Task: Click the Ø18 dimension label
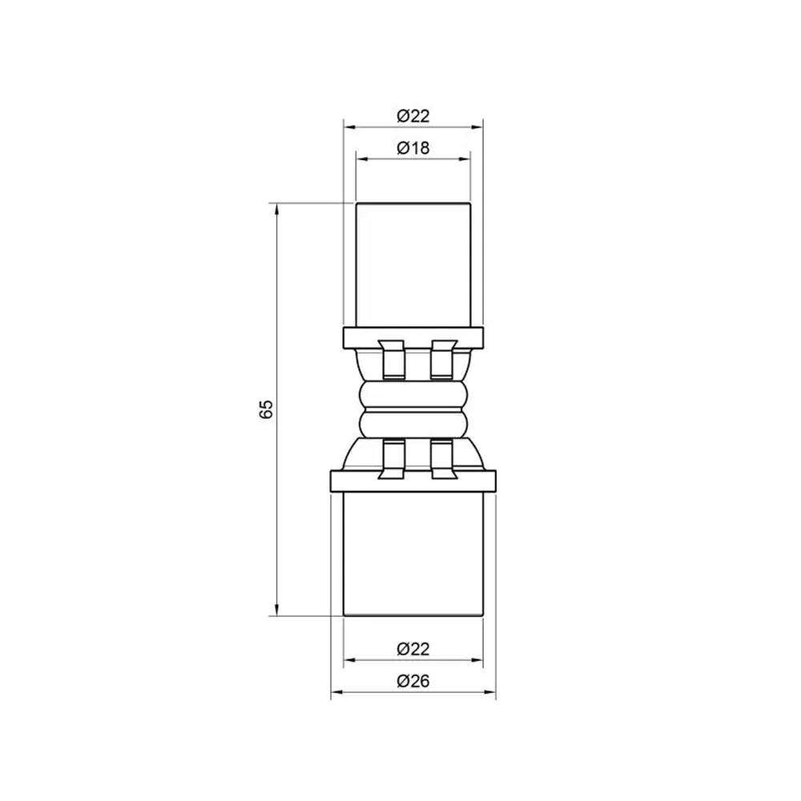[413, 147]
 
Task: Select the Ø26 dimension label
[413, 680]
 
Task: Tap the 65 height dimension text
[266, 409]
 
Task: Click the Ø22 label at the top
[413, 116]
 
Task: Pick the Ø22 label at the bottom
[413, 649]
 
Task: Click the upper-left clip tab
[392, 360]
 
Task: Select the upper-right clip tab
[442, 360]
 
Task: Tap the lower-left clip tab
[392, 459]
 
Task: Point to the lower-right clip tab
[442, 459]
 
